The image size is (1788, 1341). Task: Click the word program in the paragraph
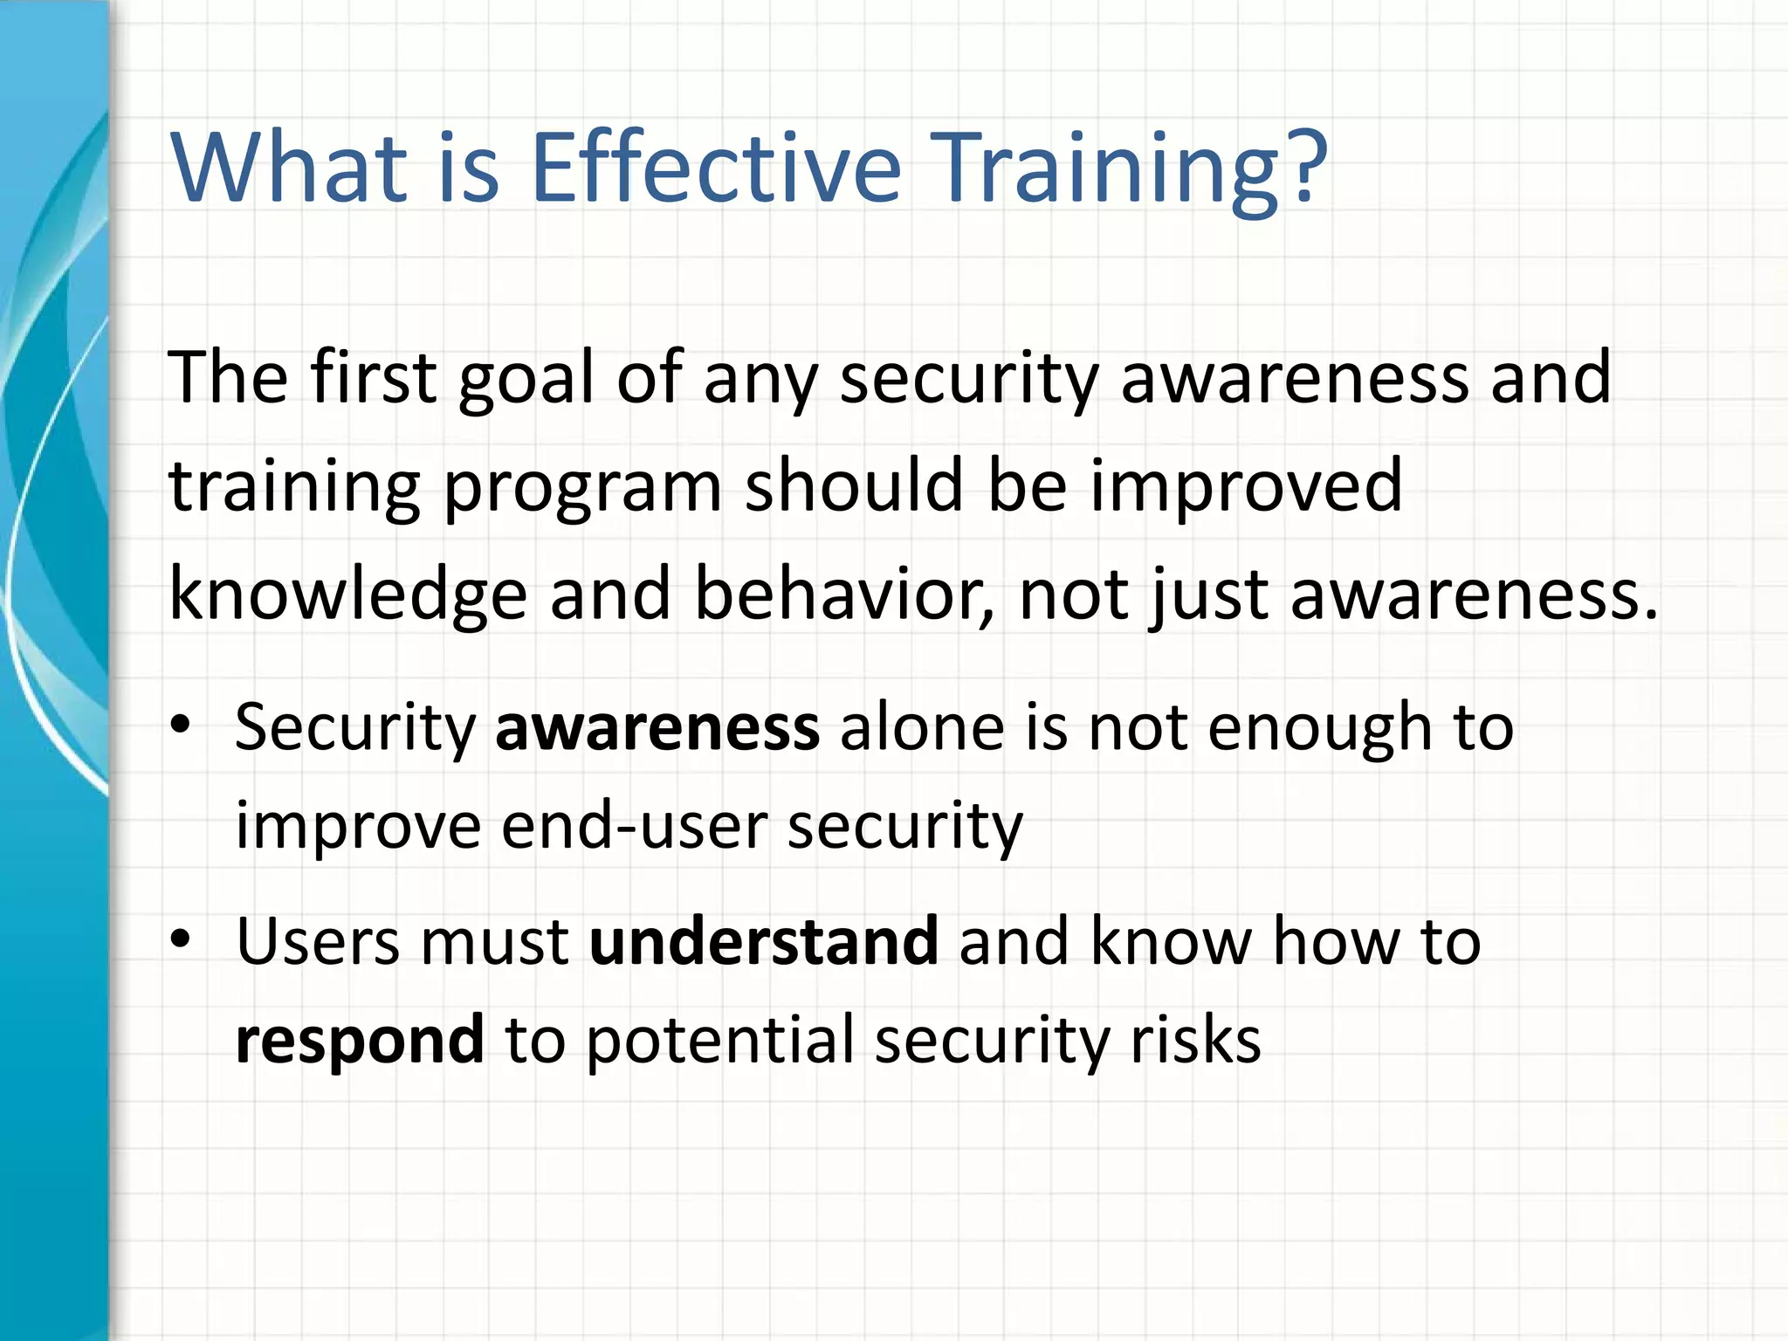pos(582,487)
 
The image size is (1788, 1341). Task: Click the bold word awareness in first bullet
pos(657,728)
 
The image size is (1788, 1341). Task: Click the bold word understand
pos(763,942)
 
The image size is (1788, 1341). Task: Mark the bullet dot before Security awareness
pos(181,725)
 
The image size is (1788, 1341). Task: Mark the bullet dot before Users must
pos(181,939)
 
